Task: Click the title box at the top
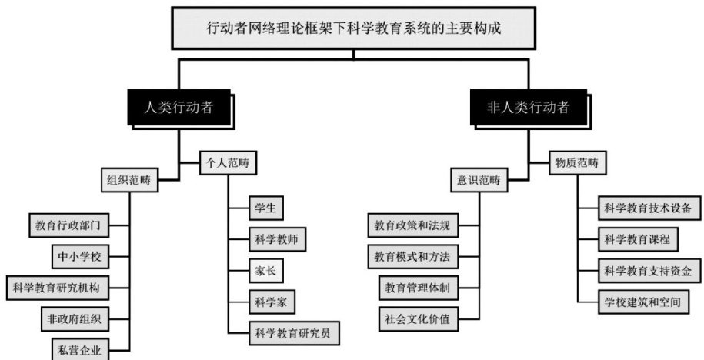(x=354, y=28)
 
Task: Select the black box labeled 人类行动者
(x=179, y=108)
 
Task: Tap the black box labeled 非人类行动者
(x=529, y=108)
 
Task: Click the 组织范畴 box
(x=128, y=182)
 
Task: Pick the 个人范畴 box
(x=228, y=162)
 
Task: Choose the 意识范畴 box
(x=479, y=182)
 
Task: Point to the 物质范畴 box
(x=577, y=162)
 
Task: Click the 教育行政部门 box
(x=68, y=226)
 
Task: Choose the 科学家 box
(x=272, y=300)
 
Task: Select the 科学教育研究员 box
(x=295, y=333)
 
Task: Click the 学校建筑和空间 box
(x=642, y=302)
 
